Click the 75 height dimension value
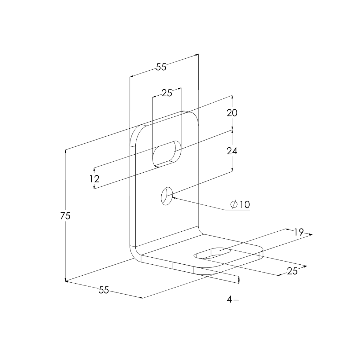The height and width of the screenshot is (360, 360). (65, 216)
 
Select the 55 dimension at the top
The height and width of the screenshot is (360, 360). (161, 67)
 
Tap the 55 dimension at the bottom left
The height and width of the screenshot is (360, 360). (104, 290)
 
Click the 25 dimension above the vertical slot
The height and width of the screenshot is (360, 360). (167, 93)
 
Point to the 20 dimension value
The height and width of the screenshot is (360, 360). (232, 113)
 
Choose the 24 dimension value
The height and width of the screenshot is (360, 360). (232, 151)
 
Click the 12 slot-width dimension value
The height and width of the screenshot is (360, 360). (94, 179)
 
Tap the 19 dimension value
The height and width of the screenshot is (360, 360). (299, 232)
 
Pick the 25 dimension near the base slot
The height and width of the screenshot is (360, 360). (292, 271)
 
